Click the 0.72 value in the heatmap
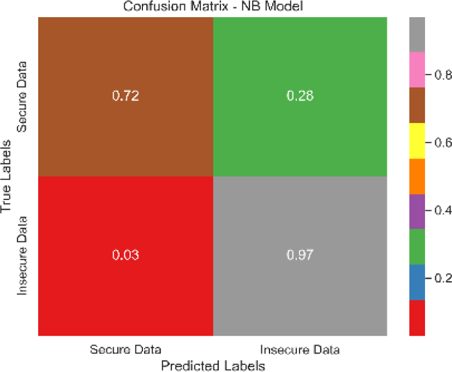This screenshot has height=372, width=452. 125,96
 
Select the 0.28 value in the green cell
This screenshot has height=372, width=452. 300,96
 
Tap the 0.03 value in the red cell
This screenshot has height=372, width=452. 125,256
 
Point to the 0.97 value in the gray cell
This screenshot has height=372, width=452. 300,256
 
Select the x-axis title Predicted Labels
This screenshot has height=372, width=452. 212,365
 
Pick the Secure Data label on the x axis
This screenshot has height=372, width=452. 126,349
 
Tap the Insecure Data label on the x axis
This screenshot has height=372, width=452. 300,349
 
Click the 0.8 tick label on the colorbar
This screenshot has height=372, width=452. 442,75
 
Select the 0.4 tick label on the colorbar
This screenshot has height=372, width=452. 442,210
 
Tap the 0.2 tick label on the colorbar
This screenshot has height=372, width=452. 442,278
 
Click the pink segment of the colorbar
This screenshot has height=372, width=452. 417,70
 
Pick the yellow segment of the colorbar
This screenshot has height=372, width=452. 417,141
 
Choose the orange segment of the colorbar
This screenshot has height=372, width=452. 417,176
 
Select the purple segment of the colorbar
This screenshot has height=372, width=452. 417,211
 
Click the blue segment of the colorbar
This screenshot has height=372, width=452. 417,282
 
